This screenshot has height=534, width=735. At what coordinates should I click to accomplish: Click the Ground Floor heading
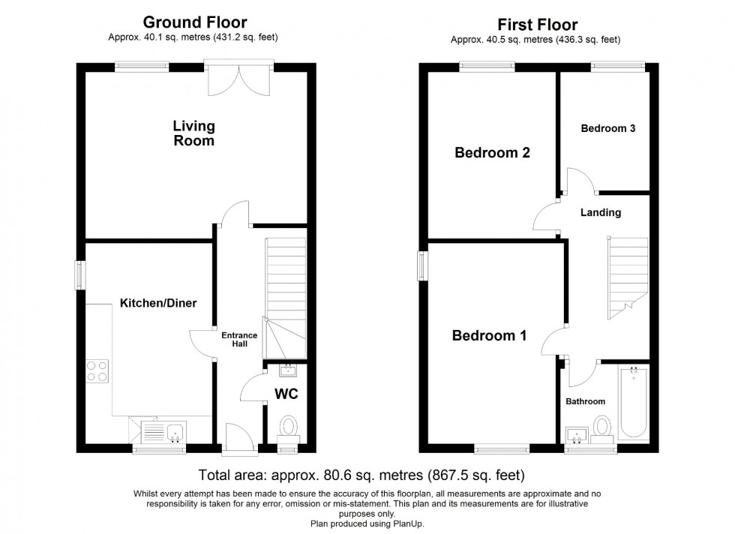(x=194, y=22)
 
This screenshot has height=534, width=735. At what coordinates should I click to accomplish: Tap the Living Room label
(x=193, y=133)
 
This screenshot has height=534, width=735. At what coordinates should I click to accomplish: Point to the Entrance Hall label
(x=238, y=339)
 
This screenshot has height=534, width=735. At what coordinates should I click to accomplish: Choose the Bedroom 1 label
(x=489, y=335)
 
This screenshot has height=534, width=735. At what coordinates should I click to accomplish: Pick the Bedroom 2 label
(x=493, y=153)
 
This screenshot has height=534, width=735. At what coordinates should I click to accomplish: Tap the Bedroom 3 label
(x=608, y=128)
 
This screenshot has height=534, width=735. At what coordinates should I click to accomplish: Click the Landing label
(x=601, y=212)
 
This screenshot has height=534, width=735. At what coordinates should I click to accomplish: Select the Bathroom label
(x=585, y=401)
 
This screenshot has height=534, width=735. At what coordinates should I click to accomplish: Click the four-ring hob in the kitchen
(x=98, y=371)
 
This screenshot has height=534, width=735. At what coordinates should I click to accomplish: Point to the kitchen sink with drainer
(x=163, y=432)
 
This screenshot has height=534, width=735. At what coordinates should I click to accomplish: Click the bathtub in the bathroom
(x=634, y=402)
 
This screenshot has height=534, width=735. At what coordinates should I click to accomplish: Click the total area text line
(x=361, y=475)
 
